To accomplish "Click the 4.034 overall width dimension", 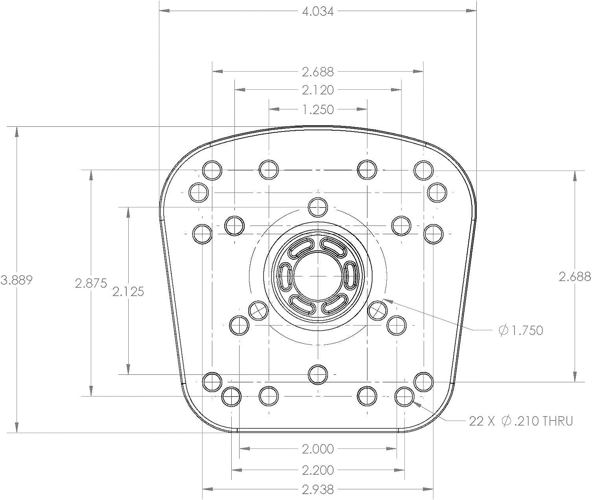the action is (x=318, y=11).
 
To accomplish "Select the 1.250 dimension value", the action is (x=318, y=109).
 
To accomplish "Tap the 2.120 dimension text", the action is (x=318, y=90).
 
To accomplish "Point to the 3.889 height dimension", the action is (x=17, y=280).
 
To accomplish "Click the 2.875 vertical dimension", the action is (x=91, y=283).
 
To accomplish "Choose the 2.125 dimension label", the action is (x=128, y=291).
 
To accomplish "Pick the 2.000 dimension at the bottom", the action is (x=318, y=449).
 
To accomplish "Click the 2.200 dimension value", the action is (x=318, y=470).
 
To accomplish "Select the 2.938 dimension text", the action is (x=318, y=490).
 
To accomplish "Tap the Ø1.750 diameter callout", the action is (x=521, y=331).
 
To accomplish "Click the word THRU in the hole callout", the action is (x=558, y=421).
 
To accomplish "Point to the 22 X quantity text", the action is (x=482, y=421).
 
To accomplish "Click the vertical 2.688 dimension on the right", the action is (x=575, y=277).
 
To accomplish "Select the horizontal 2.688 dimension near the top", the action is (x=318, y=72).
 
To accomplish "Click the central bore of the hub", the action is (x=318, y=276).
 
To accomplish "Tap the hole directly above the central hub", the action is (x=318, y=207).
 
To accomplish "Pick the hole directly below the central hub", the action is (x=318, y=374).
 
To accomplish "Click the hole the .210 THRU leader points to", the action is (x=404, y=397).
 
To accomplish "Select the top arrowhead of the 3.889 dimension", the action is (x=17, y=132).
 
